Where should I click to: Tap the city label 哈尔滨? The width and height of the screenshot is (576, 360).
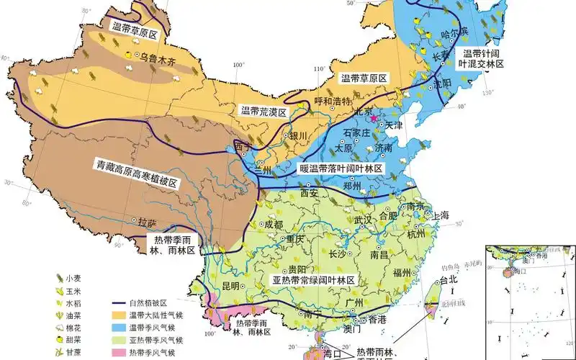click(x=455, y=33)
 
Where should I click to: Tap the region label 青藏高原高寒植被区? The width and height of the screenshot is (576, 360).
click(x=137, y=174)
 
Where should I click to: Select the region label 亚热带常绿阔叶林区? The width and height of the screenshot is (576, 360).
click(x=314, y=279)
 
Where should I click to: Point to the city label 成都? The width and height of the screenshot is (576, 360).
click(x=274, y=224)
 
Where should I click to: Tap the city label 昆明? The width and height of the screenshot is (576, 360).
click(x=230, y=286)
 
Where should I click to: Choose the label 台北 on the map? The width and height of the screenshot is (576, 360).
click(x=448, y=279)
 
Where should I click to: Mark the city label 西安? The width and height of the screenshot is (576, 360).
click(x=308, y=193)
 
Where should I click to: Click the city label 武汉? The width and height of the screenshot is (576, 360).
click(x=363, y=219)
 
